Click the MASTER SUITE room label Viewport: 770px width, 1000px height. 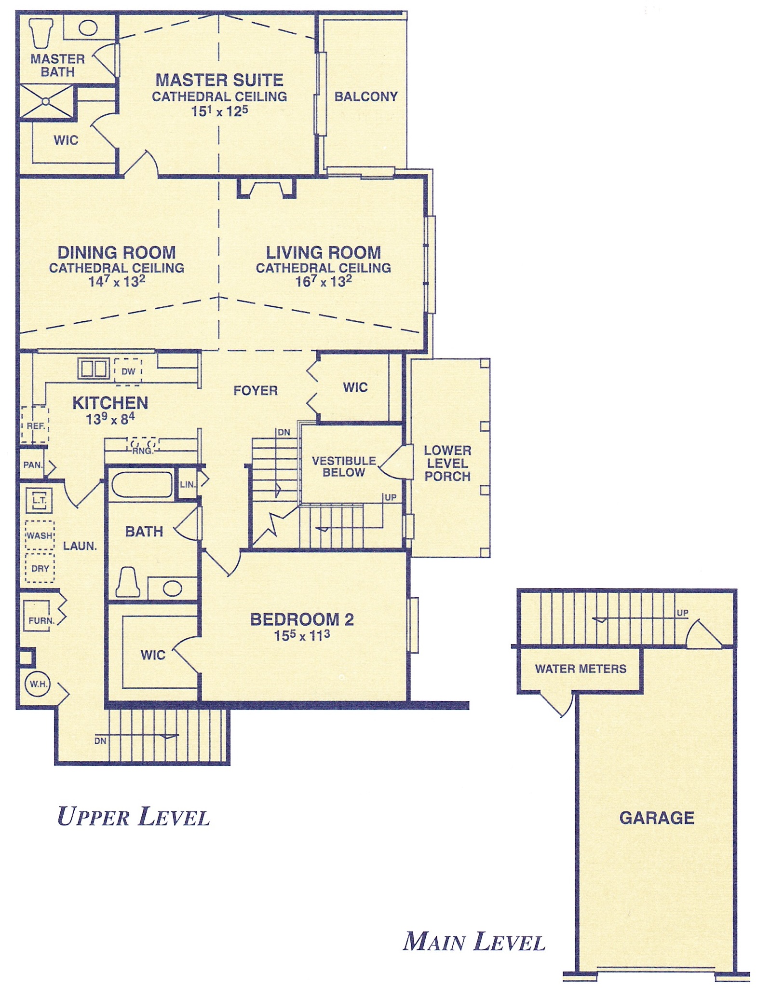(x=219, y=80)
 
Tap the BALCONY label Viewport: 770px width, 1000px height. (x=366, y=96)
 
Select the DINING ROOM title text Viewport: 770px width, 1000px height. (x=117, y=252)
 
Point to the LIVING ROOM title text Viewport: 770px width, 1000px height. (x=324, y=252)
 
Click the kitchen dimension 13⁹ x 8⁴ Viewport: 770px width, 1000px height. (x=110, y=419)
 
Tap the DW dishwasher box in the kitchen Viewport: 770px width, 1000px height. (x=128, y=371)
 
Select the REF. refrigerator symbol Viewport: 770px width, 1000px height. (x=35, y=425)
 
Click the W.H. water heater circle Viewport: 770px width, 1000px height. (x=38, y=684)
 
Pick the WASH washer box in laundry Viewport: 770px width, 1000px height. (x=40, y=535)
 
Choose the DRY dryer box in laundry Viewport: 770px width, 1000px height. (x=40, y=568)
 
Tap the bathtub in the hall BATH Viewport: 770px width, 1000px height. (x=142, y=484)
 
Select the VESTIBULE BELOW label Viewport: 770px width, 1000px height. (x=344, y=466)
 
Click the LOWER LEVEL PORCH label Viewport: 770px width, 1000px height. (x=447, y=463)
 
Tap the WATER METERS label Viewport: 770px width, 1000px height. (x=581, y=669)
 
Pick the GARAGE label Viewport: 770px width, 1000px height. (x=657, y=818)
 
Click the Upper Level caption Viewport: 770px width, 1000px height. (x=134, y=817)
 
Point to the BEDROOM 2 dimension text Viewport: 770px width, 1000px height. (x=302, y=635)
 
